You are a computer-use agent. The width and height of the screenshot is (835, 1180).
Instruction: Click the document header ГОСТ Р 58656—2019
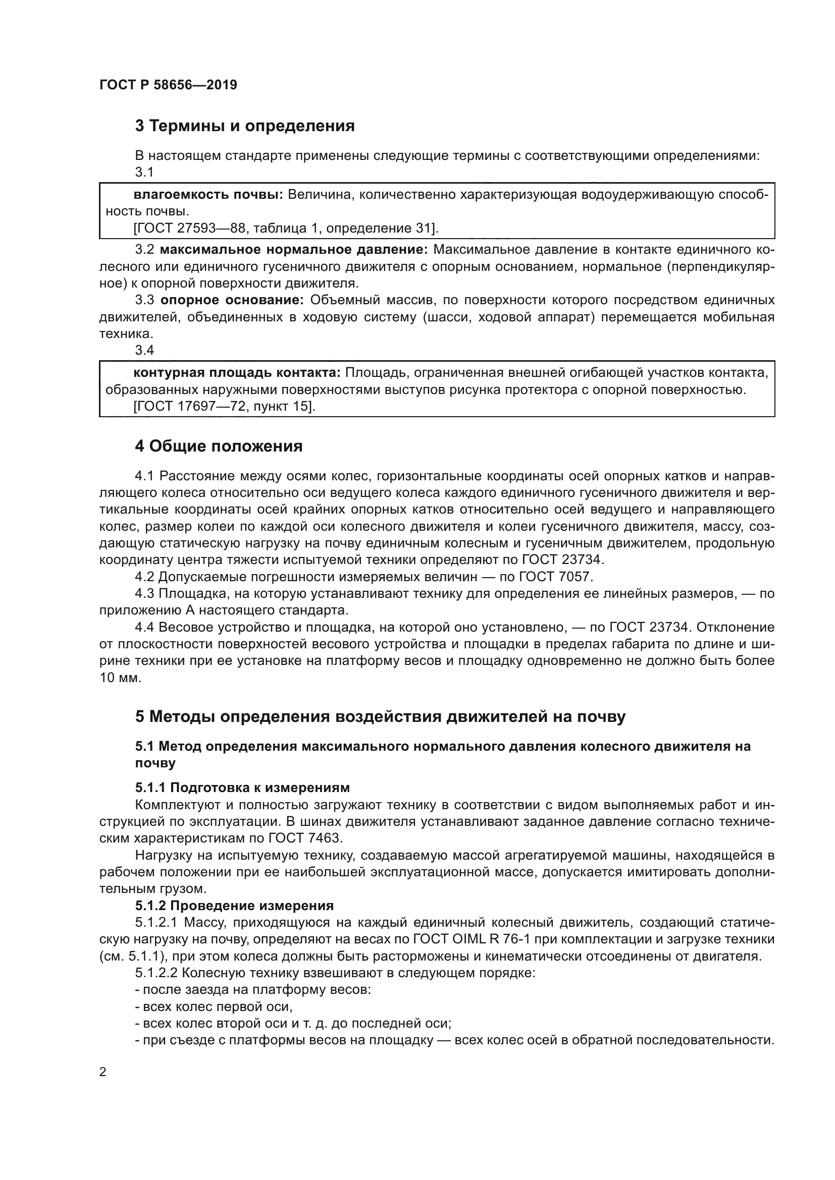click(168, 85)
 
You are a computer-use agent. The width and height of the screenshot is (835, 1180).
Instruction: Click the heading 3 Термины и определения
click(245, 126)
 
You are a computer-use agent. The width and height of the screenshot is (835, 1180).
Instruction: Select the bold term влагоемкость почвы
click(208, 195)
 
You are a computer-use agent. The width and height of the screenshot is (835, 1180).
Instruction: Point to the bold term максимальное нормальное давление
click(294, 250)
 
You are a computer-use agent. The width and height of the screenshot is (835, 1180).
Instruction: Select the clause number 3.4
click(144, 351)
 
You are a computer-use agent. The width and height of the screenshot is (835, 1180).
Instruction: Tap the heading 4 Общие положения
click(219, 446)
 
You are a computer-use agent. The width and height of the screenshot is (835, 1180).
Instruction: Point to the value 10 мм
click(119, 678)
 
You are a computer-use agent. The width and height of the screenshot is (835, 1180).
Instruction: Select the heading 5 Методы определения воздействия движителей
click(380, 717)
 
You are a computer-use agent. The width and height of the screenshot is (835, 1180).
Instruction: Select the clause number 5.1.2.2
click(156, 973)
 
